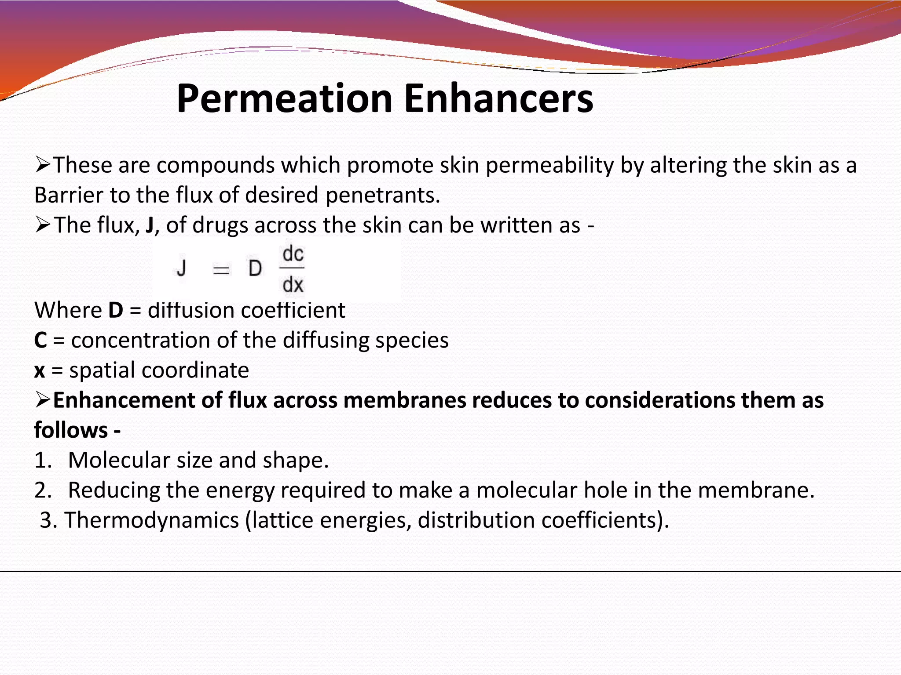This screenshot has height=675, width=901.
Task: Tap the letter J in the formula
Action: tap(181, 268)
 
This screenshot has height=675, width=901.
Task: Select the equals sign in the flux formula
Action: tap(221, 269)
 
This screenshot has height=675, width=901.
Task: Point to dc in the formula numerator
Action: tap(293, 254)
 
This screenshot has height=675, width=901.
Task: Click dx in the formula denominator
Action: tap(293, 285)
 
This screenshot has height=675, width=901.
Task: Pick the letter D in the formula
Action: tap(255, 268)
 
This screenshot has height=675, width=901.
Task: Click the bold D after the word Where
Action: tap(116, 310)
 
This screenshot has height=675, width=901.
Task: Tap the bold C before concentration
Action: tap(40, 341)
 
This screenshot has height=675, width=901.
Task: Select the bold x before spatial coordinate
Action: tap(40, 370)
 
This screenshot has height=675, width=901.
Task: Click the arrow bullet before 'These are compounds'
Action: tap(43, 165)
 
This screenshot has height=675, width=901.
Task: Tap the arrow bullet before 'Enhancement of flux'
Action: tap(43, 400)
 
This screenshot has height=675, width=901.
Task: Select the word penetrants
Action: tap(382, 195)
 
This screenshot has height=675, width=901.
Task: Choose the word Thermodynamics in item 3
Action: tap(152, 520)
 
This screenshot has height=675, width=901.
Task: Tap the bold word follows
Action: tap(71, 430)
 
